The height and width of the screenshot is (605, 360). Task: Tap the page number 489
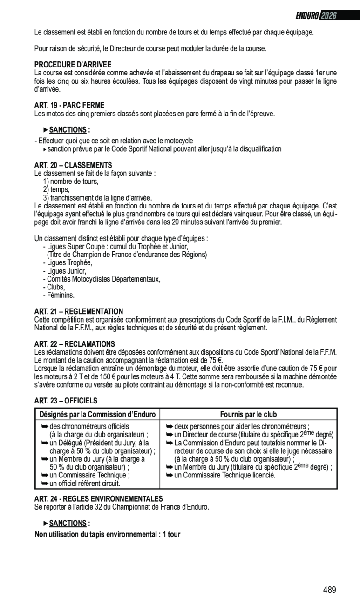(x=329, y=590)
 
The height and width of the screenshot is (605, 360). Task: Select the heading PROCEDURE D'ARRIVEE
(x=73, y=65)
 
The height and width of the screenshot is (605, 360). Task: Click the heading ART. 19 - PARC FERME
(x=69, y=105)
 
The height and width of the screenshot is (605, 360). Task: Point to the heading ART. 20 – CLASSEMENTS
(x=73, y=165)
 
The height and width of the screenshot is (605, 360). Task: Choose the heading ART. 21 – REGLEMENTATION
(x=79, y=311)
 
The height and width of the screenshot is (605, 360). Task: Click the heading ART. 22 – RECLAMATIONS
(x=75, y=344)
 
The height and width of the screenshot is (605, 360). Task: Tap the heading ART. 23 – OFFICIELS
(x=66, y=400)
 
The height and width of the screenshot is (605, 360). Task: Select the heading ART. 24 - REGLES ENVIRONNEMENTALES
(x=99, y=498)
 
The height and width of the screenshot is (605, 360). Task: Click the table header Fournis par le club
(x=248, y=414)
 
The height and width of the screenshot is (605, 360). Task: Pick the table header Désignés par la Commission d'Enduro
(x=97, y=414)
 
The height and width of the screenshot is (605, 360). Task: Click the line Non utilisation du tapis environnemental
(x=108, y=534)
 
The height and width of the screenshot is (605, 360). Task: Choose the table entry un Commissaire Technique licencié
(x=224, y=475)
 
